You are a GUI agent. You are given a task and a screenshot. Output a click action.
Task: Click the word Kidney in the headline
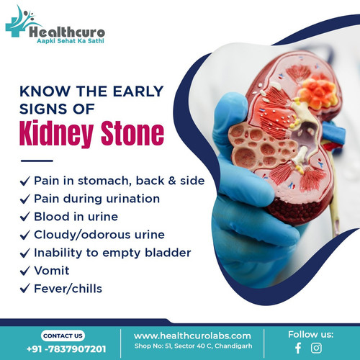click(58, 135)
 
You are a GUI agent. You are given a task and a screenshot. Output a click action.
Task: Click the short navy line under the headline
click(37, 160)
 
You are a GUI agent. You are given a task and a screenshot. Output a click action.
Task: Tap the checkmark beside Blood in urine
click(26, 217)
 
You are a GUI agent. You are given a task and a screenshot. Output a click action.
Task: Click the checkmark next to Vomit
click(26, 271)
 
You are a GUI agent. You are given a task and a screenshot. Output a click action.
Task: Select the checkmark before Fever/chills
click(26, 289)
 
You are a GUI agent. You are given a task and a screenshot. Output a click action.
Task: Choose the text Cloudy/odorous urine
click(99, 235)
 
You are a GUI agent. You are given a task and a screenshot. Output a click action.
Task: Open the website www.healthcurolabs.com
click(192, 336)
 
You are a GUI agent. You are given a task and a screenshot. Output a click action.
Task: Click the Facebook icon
click(298, 348)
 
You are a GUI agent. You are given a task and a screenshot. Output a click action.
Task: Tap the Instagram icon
click(316, 348)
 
